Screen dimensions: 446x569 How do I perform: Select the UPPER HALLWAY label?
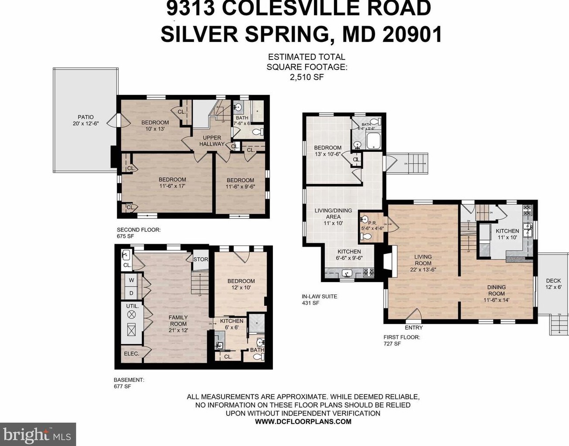pyautogui.click(x=212, y=141)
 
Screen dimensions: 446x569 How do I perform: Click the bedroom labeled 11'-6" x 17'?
pyautogui.click(x=172, y=183)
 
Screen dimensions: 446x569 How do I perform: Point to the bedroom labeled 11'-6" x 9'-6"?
pyautogui.click(x=240, y=183)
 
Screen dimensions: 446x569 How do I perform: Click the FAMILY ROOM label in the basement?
pyautogui.click(x=178, y=321)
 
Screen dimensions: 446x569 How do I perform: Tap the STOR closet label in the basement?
pyautogui.click(x=201, y=259)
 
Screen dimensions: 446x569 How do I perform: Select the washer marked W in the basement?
pyautogui.click(x=131, y=280)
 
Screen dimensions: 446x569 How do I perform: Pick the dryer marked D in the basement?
pyautogui.click(x=131, y=293)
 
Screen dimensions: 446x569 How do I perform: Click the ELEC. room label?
pyautogui.click(x=131, y=353)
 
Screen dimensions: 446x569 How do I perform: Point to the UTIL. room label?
pyautogui.click(x=132, y=306)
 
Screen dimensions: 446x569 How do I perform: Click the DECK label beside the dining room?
pyautogui.click(x=553, y=284)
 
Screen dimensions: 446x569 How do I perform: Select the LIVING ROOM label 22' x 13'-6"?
pyautogui.click(x=423, y=263)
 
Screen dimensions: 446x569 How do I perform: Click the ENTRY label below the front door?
pyautogui.click(x=413, y=328)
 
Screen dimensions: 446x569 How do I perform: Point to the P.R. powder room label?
pyautogui.click(x=372, y=222)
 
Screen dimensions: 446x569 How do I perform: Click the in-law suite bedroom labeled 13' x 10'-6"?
pyautogui.click(x=327, y=151)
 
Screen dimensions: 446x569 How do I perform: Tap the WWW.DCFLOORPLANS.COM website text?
pyautogui.click(x=303, y=422)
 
